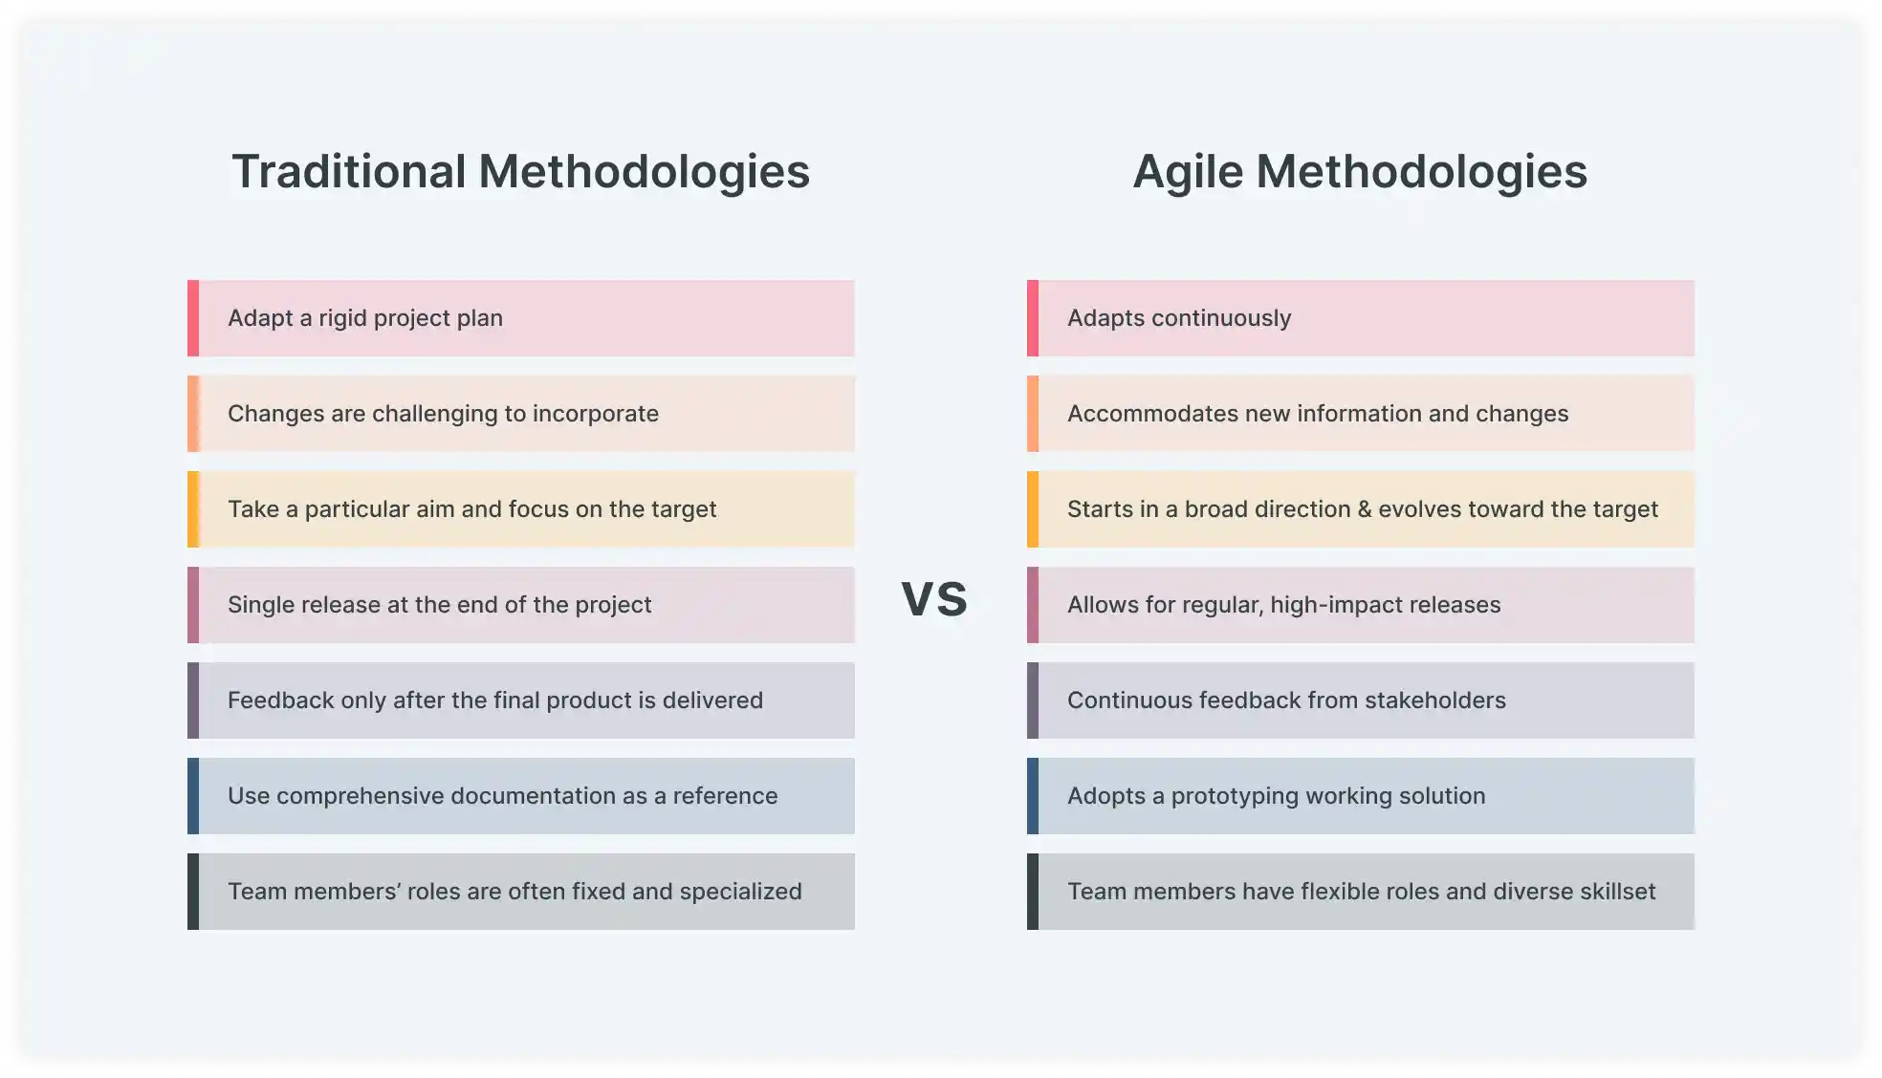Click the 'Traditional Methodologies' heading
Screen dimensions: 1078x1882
click(x=520, y=172)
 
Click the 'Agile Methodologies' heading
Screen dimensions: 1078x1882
click(x=1360, y=172)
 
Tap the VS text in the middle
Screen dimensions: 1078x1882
click(x=934, y=598)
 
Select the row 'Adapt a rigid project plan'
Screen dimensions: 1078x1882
click(x=521, y=318)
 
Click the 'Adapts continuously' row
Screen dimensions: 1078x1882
click(x=1360, y=318)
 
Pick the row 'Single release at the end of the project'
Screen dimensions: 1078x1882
click(x=521, y=605)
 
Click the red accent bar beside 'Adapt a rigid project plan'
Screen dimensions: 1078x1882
click(x=193, y=318)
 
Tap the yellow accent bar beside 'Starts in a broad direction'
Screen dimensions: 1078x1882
click(x=1033, y=509)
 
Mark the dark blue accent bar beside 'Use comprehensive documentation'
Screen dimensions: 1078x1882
click(x=193, y=796)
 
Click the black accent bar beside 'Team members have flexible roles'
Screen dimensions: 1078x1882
click(x=1033, y=892)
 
